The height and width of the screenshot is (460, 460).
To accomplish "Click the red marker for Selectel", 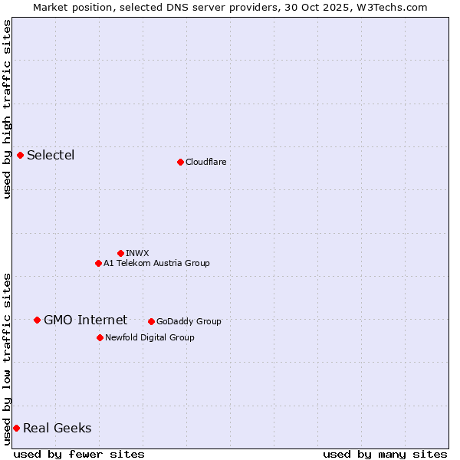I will [x=20, y=156].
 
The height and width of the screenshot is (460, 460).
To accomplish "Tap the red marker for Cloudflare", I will [x=180, y=162].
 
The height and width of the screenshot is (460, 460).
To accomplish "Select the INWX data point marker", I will [x=120, y=253].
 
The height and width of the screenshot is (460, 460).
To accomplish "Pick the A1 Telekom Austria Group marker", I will [x=98, y=263].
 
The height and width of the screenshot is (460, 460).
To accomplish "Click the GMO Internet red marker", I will [x=37, y=320].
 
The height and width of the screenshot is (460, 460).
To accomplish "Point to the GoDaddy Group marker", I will [x=151, y=321].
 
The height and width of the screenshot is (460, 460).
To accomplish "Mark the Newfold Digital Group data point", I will [x=100, y=337].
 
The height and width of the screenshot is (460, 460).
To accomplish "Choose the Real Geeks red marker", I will [x=16, y=428].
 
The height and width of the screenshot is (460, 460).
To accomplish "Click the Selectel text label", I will [x=51, y=156].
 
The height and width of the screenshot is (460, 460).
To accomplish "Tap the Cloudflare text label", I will [x=205, y=162].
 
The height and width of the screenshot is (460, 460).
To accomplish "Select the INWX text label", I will [x=137, y=253].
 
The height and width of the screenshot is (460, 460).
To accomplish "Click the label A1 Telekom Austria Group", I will [x=156, y=263].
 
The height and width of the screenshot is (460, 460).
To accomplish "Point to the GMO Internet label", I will [x=85, y=320].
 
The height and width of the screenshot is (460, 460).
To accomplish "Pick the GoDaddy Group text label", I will [x=189, y=321].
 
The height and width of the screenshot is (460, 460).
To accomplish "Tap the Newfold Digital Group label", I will [x=149, y=337].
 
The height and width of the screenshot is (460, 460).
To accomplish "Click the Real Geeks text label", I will [x=57, y=428].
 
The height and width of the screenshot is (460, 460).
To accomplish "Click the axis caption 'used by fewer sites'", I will [x=79, y=454].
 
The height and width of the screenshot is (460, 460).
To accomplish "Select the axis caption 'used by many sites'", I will [x=385, y=454].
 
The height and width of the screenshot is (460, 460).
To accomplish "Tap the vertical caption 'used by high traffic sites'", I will [x=7, y=109].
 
